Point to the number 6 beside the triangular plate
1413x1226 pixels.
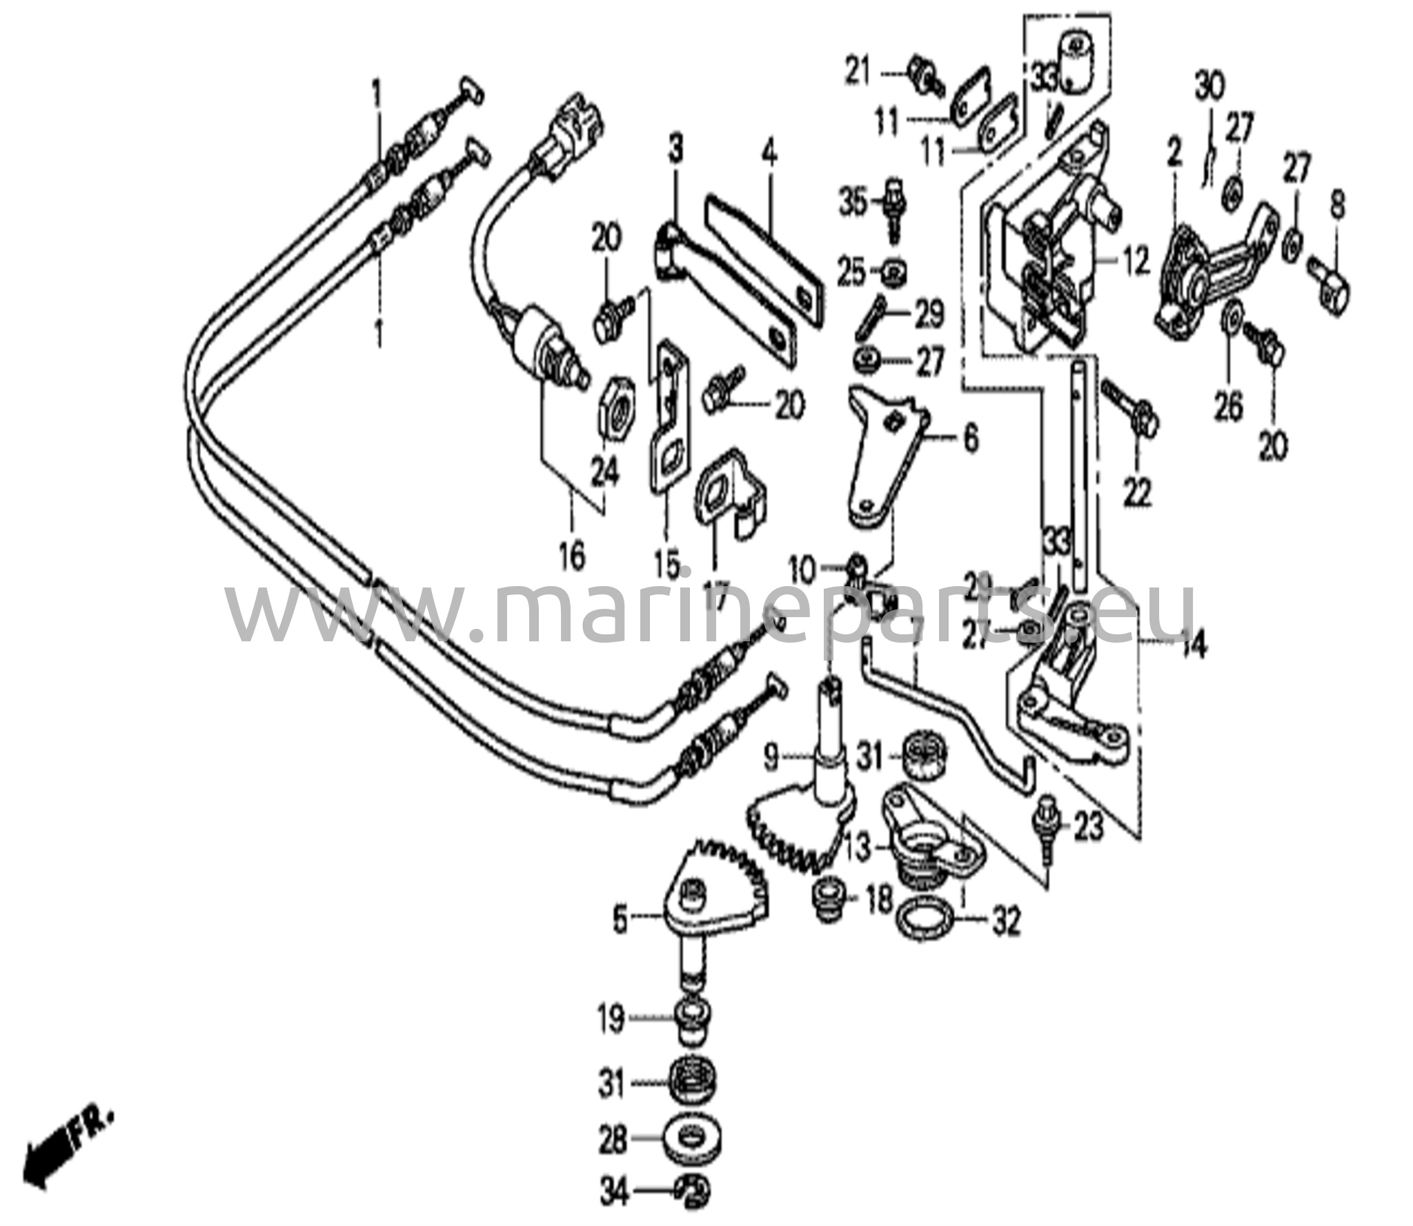coord(969,439)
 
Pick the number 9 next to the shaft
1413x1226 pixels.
coord(771,759)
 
